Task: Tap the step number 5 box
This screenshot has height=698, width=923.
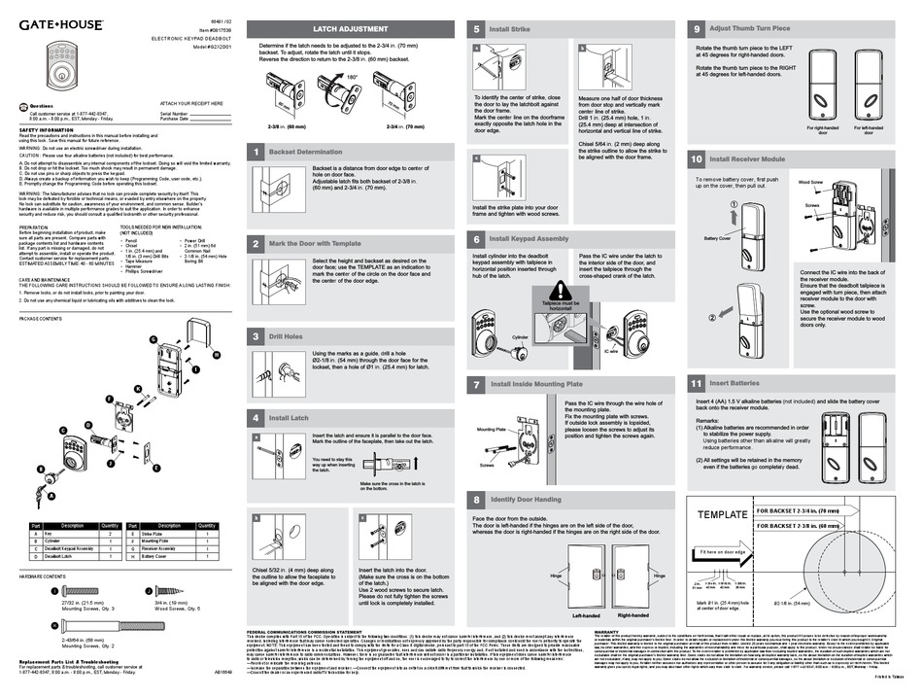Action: point(476,30)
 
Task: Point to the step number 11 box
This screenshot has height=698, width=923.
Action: point(697,383)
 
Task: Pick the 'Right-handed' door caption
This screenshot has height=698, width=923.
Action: point(632,615)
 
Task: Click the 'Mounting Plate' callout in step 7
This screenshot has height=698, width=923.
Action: point(492,428)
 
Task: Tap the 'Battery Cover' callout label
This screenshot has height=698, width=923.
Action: point(717,237)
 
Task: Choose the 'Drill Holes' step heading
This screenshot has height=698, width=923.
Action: point(288,336)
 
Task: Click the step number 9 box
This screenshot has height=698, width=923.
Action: point(697,30)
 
